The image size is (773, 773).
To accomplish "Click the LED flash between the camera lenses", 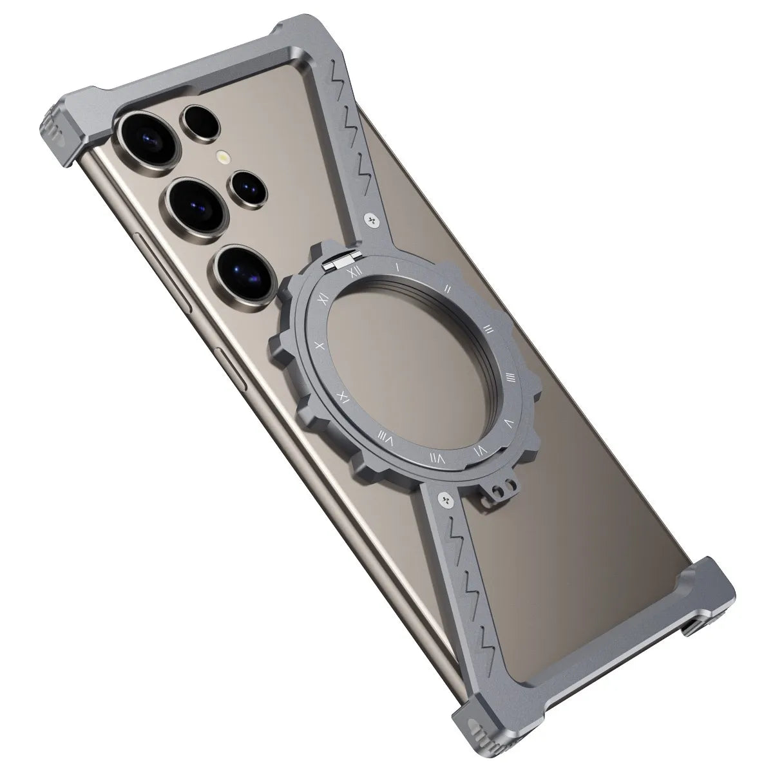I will [x=223, y=157].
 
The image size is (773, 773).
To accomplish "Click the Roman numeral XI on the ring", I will [x=323, y=295].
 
